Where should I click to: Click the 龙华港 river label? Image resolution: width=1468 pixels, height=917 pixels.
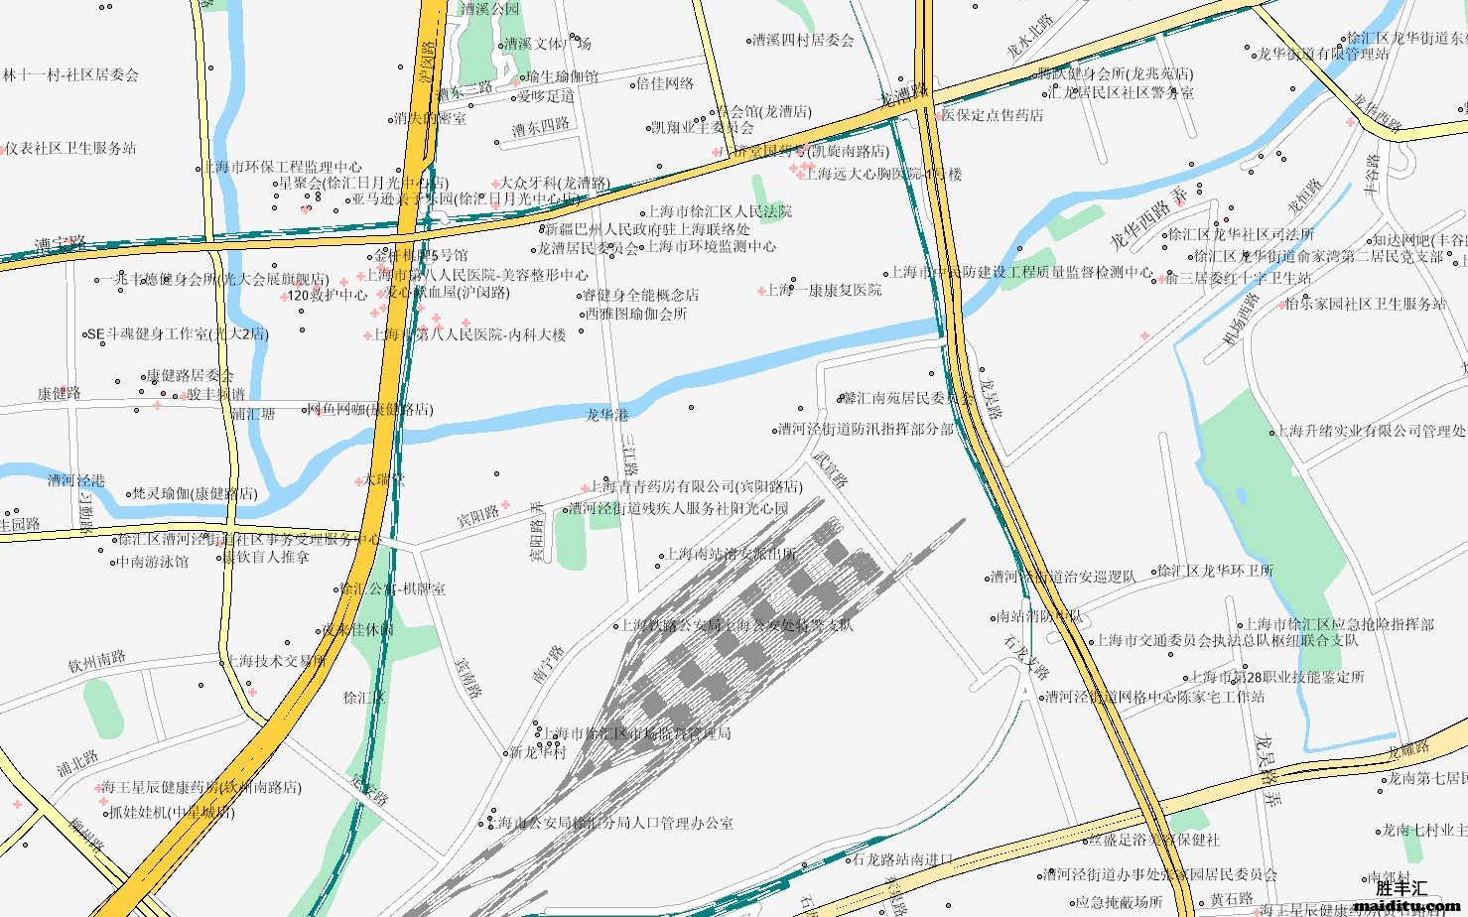click(x=606, y=415)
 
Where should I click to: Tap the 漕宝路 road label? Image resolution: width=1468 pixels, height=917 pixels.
click(x=61, y=243)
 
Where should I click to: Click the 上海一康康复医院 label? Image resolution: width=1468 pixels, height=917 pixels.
click(x=824, y=290)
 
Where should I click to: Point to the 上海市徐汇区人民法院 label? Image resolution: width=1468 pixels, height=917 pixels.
click(x=720, y=211)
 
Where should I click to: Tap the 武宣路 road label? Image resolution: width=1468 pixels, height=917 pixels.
click(x=831, y=469)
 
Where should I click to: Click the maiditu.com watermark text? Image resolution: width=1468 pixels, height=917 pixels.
click(x=1403, y=905)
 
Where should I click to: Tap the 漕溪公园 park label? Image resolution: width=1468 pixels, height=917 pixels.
click(x=489, y=9)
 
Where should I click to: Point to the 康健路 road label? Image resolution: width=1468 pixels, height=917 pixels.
click(x=60, y=393)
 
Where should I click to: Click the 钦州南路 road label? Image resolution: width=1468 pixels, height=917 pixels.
click(x=97, y=661)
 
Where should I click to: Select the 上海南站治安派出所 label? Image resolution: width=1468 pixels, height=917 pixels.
click(x=730, y=555)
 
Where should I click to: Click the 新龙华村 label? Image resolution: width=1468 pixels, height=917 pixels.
click(x=537, y=752)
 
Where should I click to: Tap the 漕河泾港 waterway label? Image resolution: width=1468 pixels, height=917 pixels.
click(x=75, y=480)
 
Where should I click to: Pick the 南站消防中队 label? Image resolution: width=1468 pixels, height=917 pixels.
click(x=1038, y=616)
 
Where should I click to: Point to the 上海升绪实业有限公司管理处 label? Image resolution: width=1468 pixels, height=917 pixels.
click(x=1370, y=431)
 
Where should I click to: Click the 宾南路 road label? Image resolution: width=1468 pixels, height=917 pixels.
click(x=467, y=677)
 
